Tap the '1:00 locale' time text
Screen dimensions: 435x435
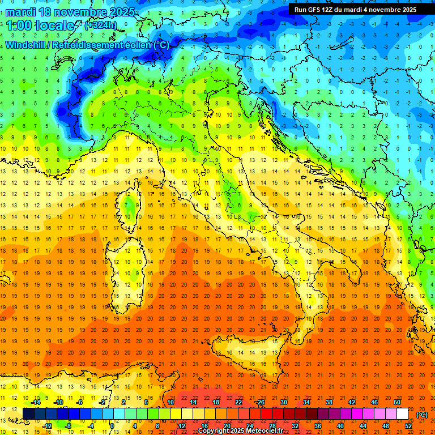(x=41, y=25)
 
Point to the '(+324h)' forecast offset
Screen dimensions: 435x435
(x=101, y=25)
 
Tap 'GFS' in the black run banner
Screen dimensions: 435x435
(x=317, y=9)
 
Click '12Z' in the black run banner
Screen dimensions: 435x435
(x=334, y=9)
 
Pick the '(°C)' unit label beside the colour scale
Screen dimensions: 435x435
(x=422, y=415)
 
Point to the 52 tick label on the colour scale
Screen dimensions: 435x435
(x=408, y=425)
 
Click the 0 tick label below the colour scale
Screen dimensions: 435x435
(x=112, y=425)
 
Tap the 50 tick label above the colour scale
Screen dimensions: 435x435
(x=397, y=402)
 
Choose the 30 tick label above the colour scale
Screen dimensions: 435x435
(x=283, y=402)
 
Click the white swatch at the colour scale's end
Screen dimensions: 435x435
(x=402, y=413)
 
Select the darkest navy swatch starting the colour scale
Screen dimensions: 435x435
(x=28, y=413)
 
